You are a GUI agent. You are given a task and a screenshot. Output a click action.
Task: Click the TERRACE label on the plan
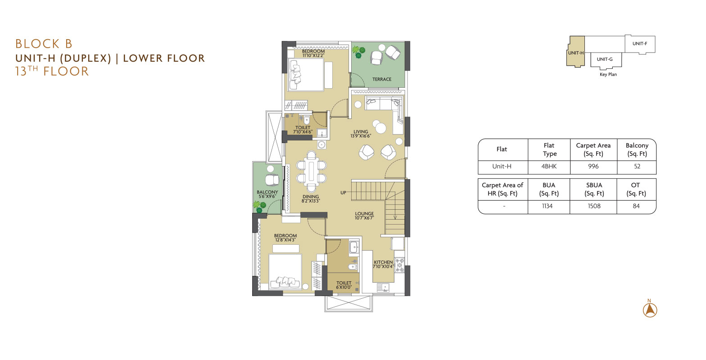pos(382,79)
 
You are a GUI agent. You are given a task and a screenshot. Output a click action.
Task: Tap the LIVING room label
pos(361,132)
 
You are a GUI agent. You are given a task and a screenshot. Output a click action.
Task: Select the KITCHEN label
pos(383,262)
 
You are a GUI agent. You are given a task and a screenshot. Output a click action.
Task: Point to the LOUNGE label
pos(364,214)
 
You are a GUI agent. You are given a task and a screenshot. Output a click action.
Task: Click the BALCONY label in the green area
pos(267,192)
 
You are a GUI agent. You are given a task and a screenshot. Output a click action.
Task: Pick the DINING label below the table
pos(311,197)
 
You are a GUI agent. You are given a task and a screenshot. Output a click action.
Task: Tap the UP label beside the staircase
pos(343,193)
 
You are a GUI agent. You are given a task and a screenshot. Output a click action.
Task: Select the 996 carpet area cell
pos(593,166)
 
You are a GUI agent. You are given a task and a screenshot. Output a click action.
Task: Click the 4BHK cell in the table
pos(549,166)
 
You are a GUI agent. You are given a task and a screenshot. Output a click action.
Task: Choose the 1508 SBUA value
pos(594,206)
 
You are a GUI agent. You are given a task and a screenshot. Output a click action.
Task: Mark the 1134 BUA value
pos(547,206)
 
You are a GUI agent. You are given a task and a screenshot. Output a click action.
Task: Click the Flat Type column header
pos(549,149)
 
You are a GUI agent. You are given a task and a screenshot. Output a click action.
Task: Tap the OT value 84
pos(636,206)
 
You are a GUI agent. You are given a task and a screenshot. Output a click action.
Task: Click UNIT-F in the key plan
pos(640,44)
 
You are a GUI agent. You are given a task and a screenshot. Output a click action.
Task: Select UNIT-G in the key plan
pos(605,59)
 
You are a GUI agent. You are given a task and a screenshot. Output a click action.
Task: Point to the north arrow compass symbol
pos(650,309)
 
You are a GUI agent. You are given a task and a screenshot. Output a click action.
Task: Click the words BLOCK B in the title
pos(44,44)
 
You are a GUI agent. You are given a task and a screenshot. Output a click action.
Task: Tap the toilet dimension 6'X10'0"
pos(344,287)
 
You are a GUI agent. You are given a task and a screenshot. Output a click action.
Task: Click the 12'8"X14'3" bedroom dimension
pos(285,240)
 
